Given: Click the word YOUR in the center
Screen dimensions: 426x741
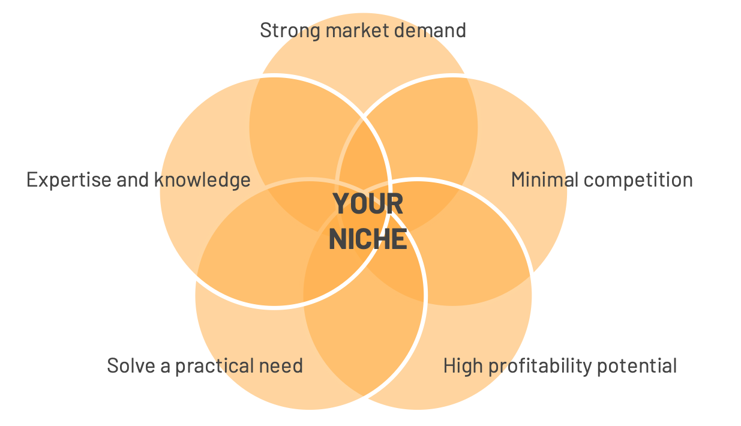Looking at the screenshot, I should (368, 204).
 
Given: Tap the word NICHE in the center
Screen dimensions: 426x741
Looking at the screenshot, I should (368, 239).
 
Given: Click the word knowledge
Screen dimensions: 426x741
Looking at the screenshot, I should (202, 179).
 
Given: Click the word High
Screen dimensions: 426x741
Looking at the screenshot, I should (460, 365).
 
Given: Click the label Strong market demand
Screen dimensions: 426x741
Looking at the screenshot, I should (363, 30).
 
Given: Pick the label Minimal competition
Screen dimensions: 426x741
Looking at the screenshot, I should (602, 179).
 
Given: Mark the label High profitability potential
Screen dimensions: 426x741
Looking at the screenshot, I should (560, 365).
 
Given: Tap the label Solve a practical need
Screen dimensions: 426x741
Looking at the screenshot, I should (205, 365).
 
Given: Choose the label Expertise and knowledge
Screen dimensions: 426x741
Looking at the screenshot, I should (139, 179).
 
